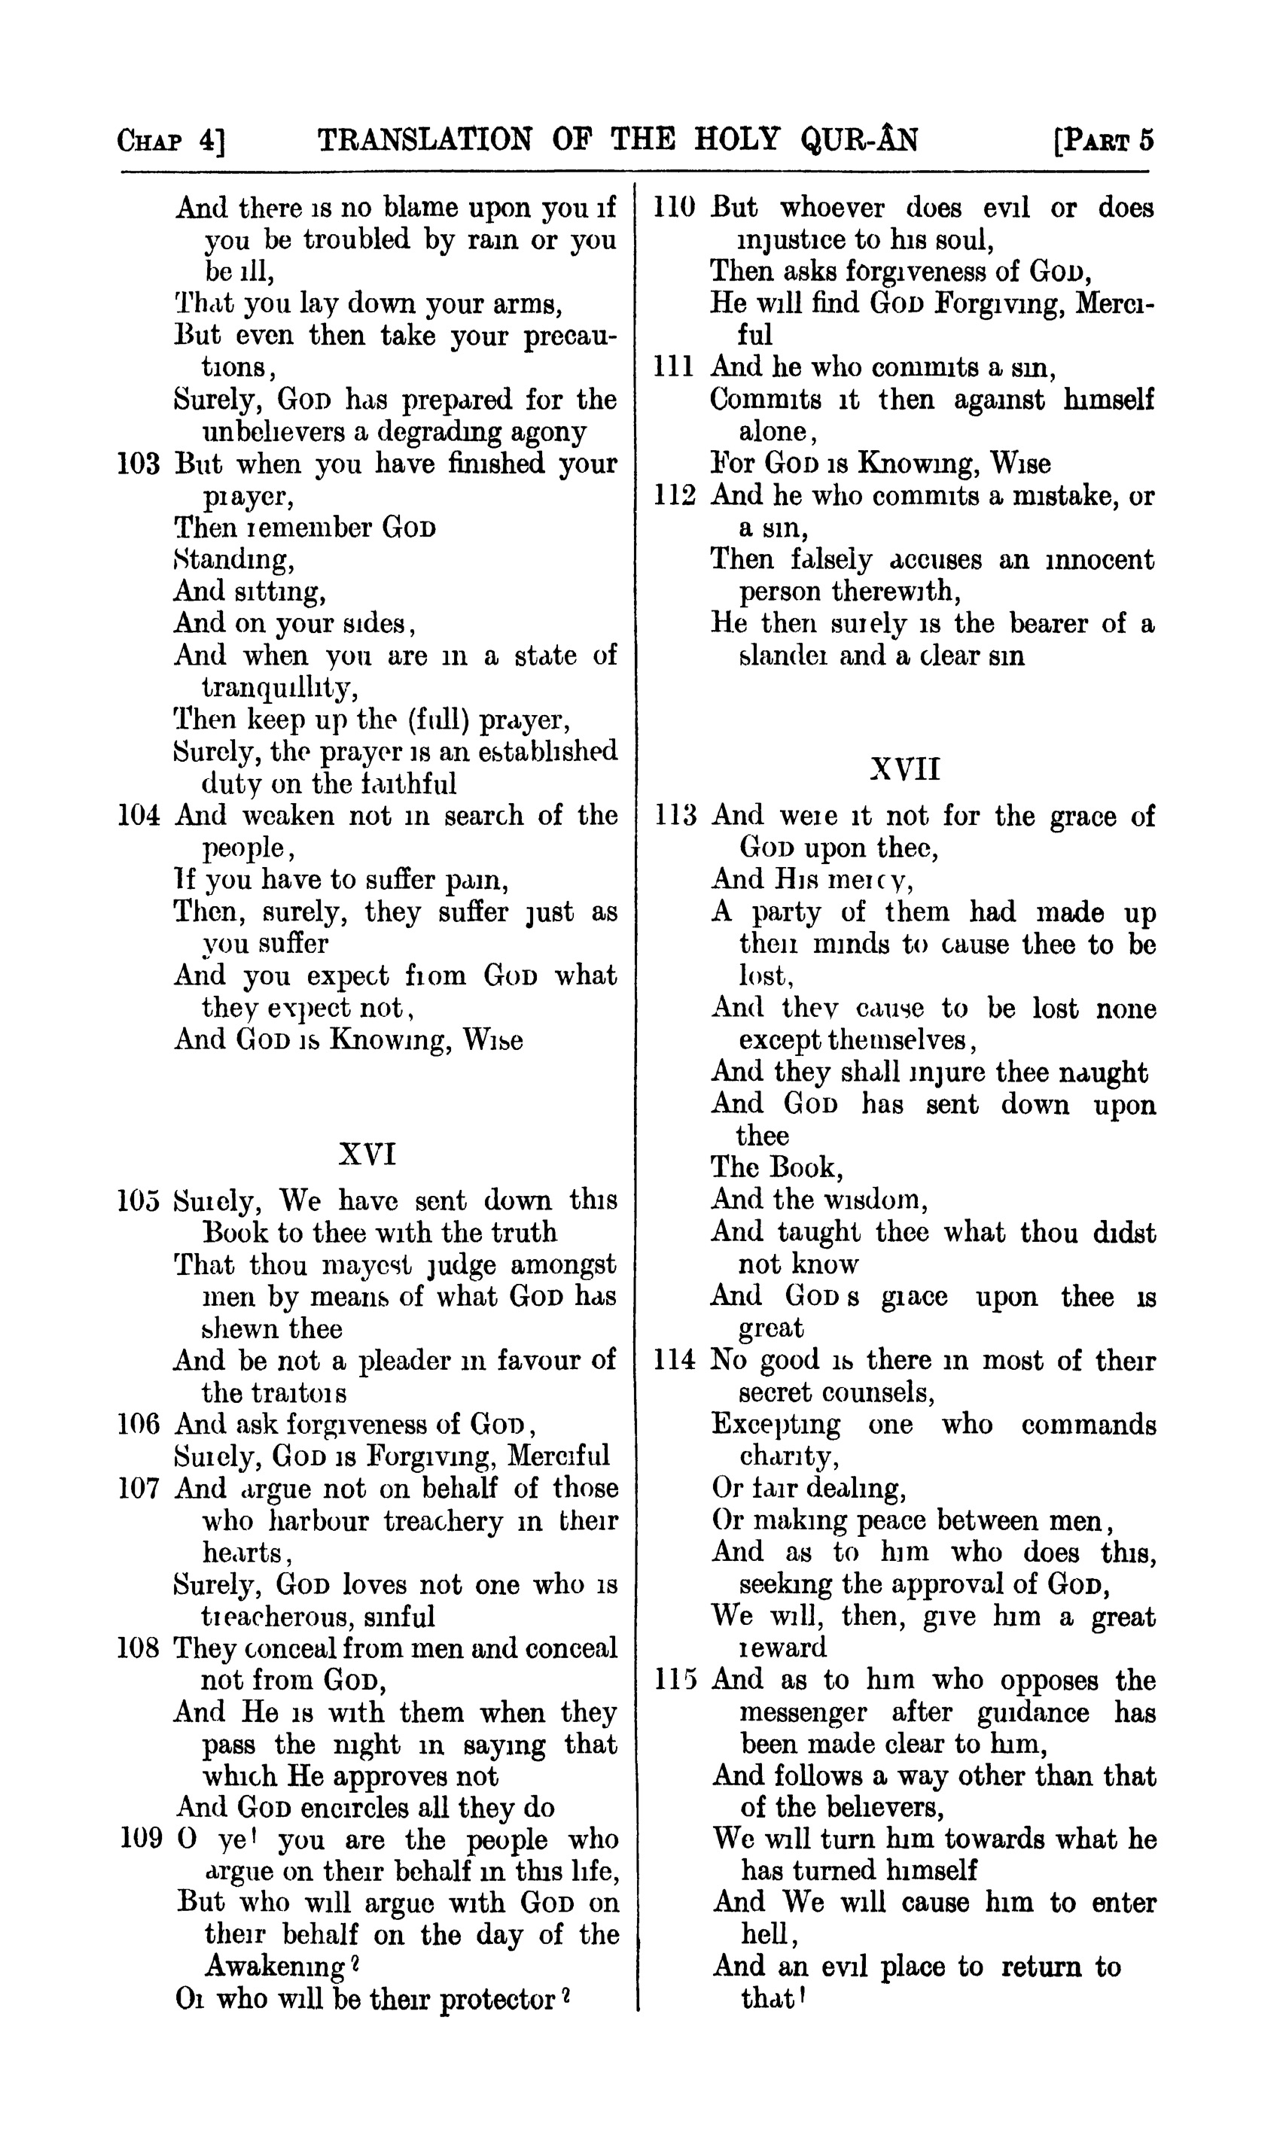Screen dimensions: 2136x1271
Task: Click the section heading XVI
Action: pos(367,1155)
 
